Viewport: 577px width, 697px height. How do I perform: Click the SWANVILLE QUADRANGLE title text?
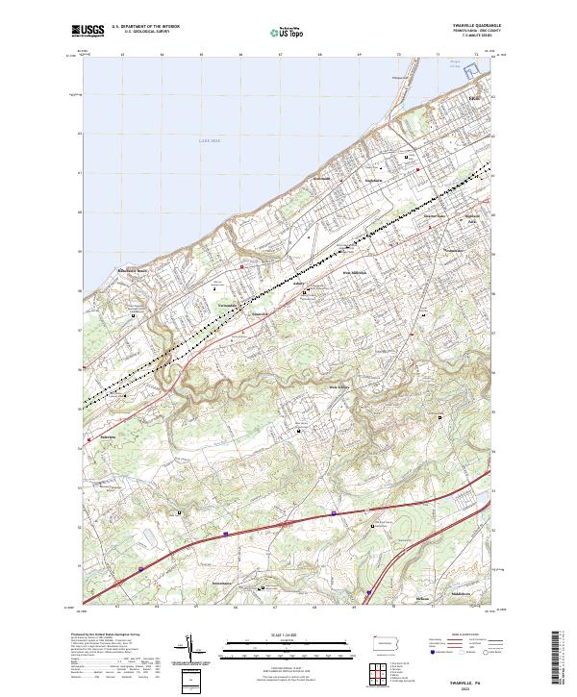467,26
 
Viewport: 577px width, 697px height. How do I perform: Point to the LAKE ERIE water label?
210,141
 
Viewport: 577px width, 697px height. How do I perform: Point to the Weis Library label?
339,387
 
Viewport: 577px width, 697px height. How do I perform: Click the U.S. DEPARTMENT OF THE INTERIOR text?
145,28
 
